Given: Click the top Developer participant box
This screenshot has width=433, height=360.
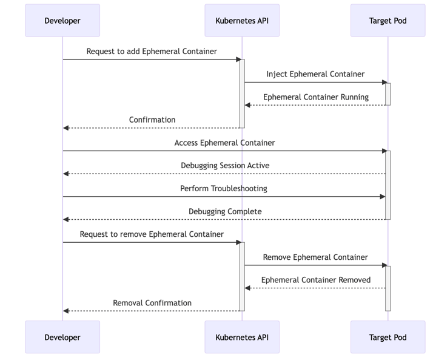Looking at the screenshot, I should (x=62, y=21).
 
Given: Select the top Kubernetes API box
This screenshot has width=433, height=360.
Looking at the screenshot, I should (x=242, y=21).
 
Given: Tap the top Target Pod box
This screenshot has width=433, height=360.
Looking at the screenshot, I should (x=388, y=21).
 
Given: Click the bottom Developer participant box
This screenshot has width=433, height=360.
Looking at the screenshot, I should (x=62, y=337).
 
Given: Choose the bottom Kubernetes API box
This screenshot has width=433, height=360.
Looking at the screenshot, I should (x=242, y=337).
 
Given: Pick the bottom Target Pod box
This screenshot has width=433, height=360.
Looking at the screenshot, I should (x=388, y=337).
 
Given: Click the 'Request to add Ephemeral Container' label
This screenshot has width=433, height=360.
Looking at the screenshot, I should (x=152, y=51).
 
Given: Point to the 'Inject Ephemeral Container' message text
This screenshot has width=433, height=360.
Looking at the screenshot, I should (x=315, y=74).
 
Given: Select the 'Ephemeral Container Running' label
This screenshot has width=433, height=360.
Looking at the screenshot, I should (x=315, y=97).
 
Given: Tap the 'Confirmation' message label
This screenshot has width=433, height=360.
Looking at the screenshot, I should (x=152, y=120).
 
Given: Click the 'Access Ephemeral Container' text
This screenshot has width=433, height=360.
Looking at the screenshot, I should (x=224, y=143).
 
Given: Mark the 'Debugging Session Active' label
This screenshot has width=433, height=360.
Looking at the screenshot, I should (x=225, y=165).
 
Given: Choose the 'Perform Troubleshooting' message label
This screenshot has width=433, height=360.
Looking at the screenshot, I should (x=224, y=188).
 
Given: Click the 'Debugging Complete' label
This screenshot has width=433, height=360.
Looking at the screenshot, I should (x=225, y=211).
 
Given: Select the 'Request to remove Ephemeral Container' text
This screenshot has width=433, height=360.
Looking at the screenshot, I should (x=152, y=234).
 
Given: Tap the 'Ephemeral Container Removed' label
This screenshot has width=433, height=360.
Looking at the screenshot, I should (x=315, y=280).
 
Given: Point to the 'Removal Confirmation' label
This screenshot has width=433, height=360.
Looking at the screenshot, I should (x=152, y=303).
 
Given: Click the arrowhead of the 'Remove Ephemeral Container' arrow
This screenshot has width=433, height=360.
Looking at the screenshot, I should (x=384, y=265).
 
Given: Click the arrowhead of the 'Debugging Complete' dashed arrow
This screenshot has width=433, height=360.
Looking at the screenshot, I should (x=66, y=219).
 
